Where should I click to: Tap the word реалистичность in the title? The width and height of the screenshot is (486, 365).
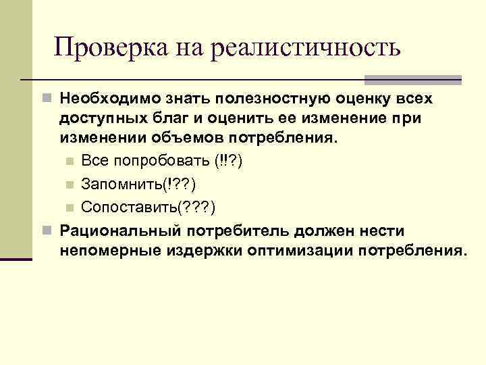pyautogui.click(x=306, y=49)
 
